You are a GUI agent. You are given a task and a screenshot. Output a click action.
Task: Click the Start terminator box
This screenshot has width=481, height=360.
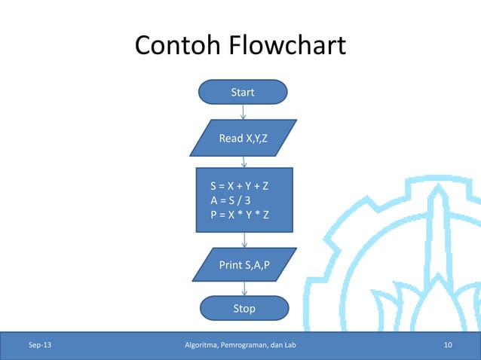[x=243, y=93]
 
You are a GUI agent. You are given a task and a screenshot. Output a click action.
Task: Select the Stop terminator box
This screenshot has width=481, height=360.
[x=244, y=308]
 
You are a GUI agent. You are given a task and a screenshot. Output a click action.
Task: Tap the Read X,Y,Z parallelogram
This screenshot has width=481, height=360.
[x=243, y=139]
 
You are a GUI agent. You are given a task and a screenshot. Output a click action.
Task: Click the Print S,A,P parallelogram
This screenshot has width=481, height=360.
[x=244, y=265]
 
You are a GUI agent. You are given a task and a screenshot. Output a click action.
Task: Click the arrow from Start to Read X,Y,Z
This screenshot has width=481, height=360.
[x=244, y=111]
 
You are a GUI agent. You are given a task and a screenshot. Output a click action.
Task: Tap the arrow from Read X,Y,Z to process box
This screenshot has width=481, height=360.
[x=244, y=161]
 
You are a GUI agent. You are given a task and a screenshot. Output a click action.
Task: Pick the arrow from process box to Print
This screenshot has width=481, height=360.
[x=244, y=239]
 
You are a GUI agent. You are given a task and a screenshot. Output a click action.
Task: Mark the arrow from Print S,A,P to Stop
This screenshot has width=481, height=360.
[x=244, y=288]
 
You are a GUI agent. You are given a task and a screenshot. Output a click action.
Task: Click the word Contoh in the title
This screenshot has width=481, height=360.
[x=175, y=47]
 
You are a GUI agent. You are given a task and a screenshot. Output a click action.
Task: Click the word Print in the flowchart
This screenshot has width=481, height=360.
[x=229, y=265]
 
